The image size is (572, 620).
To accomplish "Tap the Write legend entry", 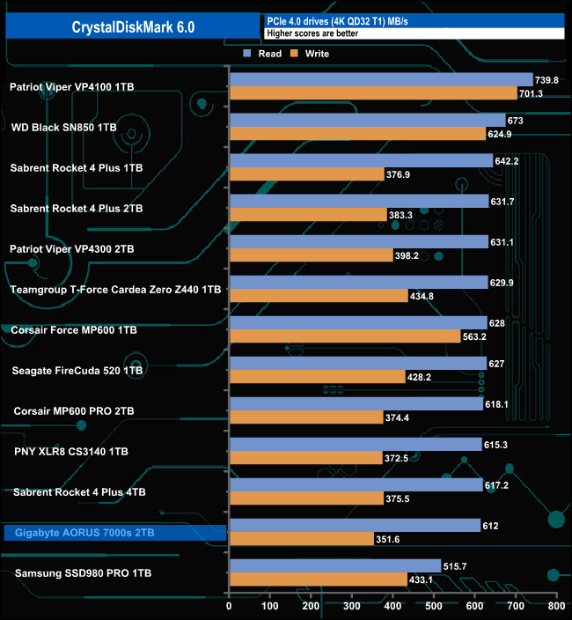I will pyautogui.click(x=310, y=54).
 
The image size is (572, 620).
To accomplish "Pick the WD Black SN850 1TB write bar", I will pyautogui.click(x=356, y=134).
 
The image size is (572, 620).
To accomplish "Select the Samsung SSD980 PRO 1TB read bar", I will pyautogui.click(x=334, y=565).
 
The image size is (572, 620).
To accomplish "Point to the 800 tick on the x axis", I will pyautogui.click(x=555, y=606).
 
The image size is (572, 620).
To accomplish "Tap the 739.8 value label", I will pyautogui.click(x=547, y=79).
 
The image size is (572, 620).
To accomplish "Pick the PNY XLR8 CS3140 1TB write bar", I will pyautogui.click(x=304, y=458).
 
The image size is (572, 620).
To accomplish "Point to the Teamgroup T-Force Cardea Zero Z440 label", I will pyautogui.click(x=114, y=289).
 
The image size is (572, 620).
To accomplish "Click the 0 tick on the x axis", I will pyautogui.click(x=229, y=606).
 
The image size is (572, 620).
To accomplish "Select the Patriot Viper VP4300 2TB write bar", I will pyautogui.click(x=310, y=255).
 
